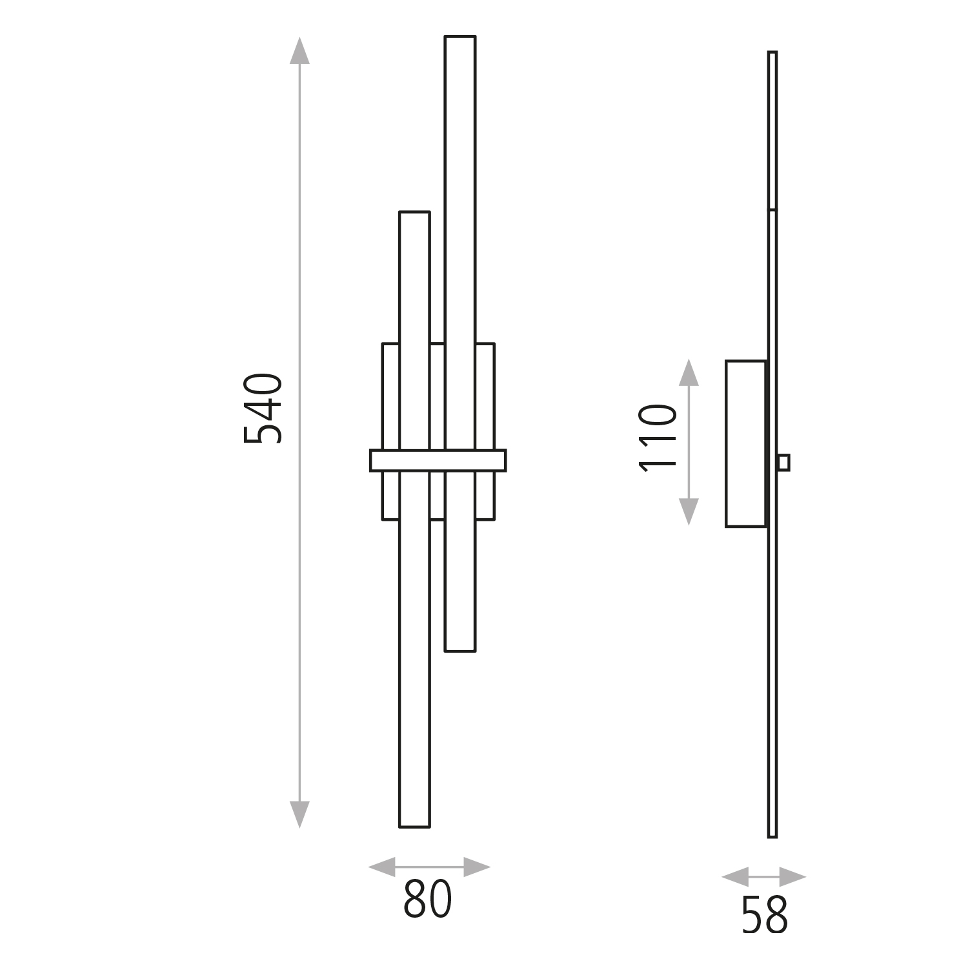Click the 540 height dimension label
point(263,408)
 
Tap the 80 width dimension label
point(428,899)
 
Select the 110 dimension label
point(658,438)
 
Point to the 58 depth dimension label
point(765,914)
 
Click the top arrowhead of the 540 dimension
point(299,50)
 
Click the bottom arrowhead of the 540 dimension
point(299,814)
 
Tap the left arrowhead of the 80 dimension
point(381,867)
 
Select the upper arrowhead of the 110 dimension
point(689,372)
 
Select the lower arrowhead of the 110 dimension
point(689,512)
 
